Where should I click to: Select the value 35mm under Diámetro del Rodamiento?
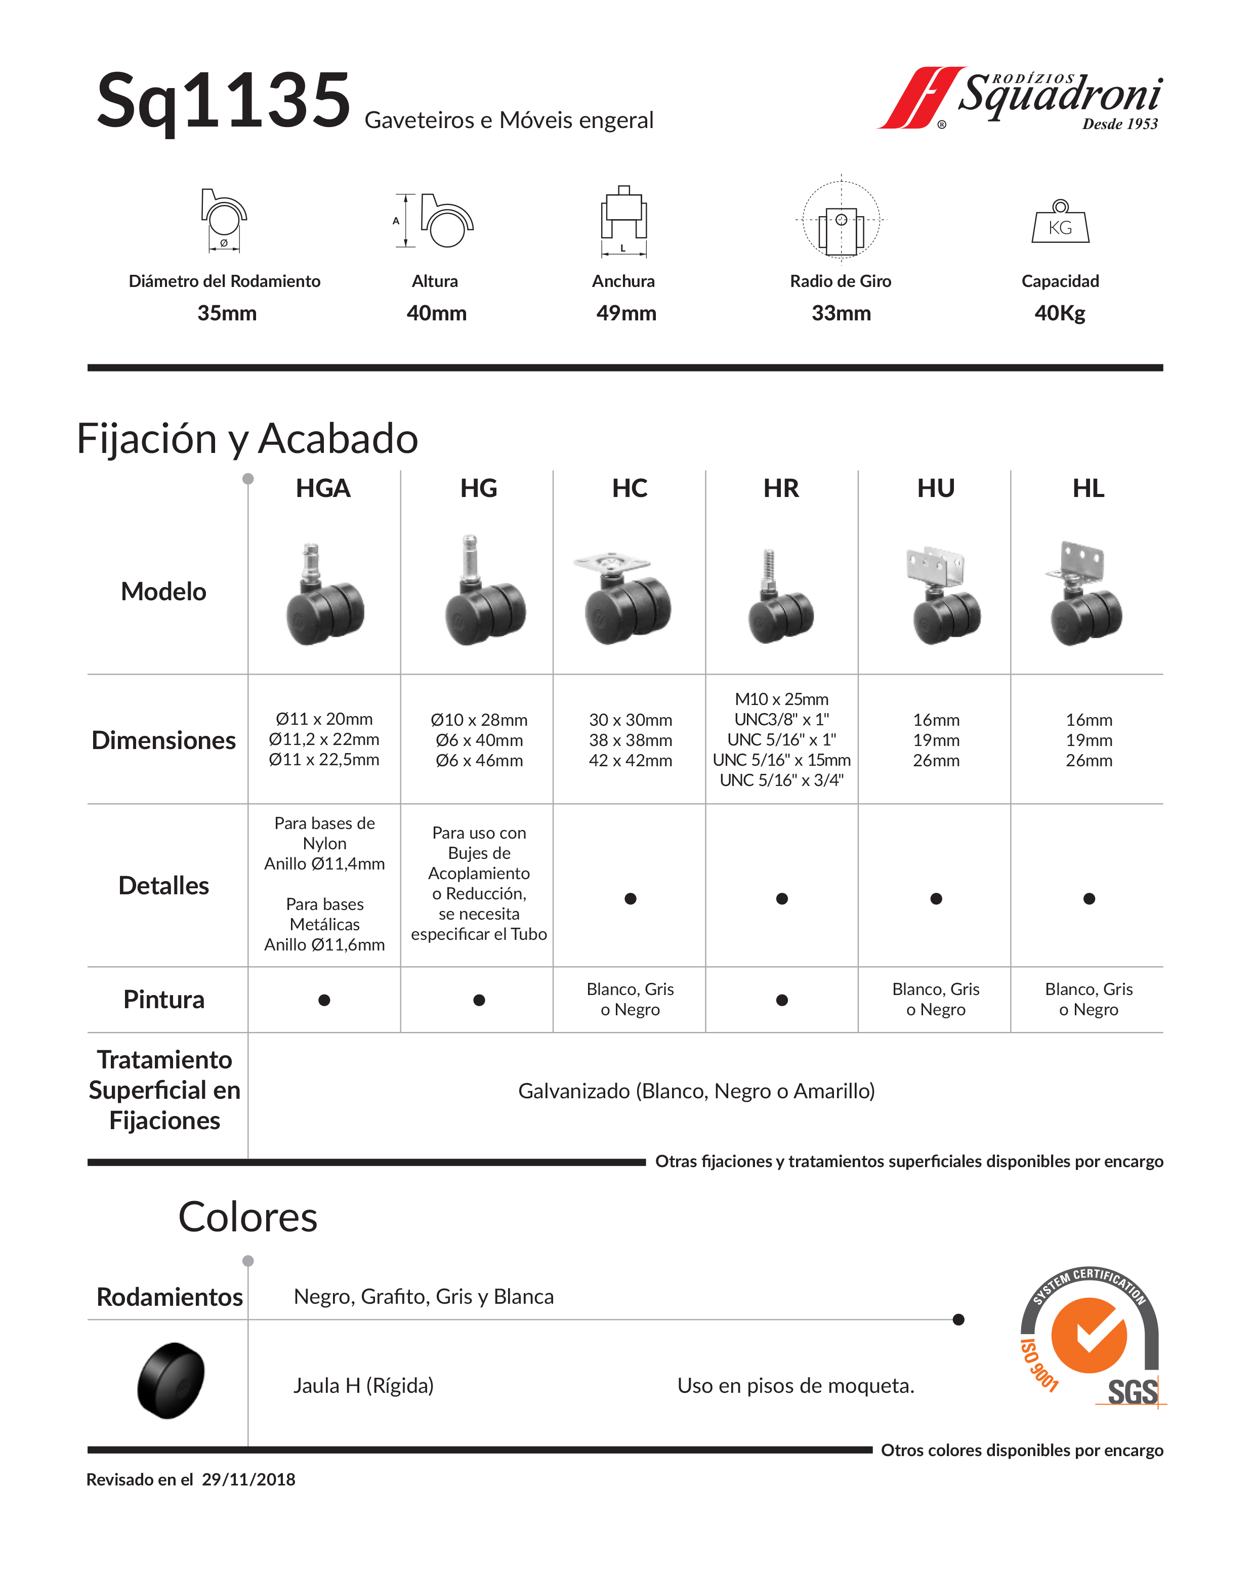coord(227,313)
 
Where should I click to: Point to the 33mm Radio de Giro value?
coord(841,313)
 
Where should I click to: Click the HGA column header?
coord(323,488)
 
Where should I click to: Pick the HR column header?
coord(781,488)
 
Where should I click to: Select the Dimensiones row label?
coord(163,740)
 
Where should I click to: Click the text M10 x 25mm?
coord(781,699)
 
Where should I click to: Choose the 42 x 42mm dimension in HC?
coord(631,760)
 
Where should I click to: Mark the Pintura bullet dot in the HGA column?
coord(324,1000)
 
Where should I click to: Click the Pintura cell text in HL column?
coord(1088,1000)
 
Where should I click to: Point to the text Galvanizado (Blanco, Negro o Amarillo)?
coord(696,1091)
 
